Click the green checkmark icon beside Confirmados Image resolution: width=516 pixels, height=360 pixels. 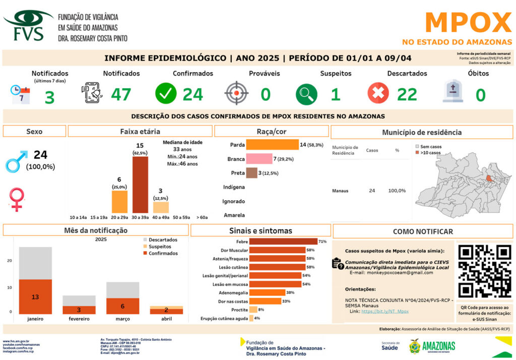(166, 94)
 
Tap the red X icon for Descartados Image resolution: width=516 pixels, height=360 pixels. (378, 94)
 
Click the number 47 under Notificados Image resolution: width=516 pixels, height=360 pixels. (121, 94)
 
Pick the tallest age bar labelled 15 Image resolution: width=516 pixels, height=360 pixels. (140, 185)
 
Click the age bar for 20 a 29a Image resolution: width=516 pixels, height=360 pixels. (119, 202)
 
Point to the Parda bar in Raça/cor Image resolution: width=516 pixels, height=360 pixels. (272, 145)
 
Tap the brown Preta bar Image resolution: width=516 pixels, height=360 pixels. (251, 173)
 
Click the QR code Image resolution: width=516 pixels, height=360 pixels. (485, 271)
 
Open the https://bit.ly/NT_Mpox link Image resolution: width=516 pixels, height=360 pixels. (377, 312)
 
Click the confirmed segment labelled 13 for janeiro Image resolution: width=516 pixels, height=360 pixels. (35, 297)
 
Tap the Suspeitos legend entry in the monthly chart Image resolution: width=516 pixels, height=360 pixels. (159, 247)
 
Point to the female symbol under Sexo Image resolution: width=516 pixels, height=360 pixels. (17, 198)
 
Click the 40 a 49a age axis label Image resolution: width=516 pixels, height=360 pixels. (161, 217)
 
